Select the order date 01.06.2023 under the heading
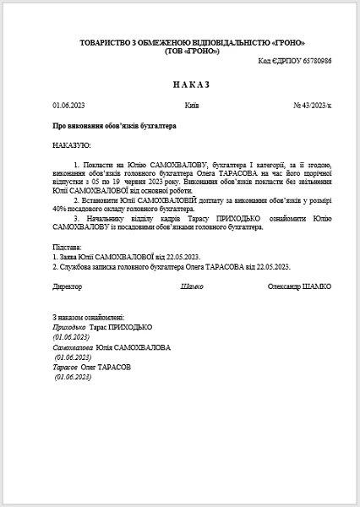(x=68, y=106)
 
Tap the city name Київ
(x=191, y=106)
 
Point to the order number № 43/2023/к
(x=312, y=106)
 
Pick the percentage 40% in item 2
(x=60, y=207)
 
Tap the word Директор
(x=68, y=286)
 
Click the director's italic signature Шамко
(x=192, y=286)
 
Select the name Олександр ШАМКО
(x=298, y=286)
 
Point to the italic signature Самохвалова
(x=73, y=347)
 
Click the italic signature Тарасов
(x=65, y=368)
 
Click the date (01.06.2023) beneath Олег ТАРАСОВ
(x=73, y=377)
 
